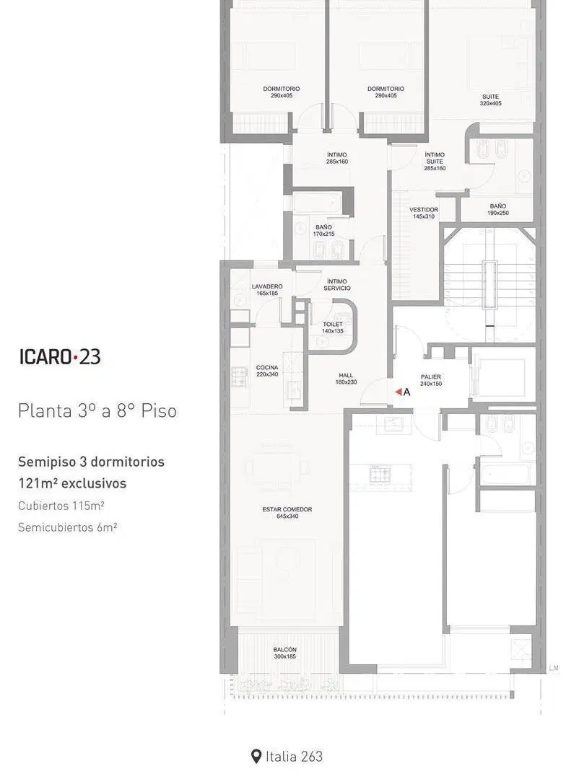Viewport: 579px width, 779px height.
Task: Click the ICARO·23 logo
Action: pyautogui.click(x=60, y=357)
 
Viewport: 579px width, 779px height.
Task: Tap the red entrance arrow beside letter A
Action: pyautogui.click(x=399, y=392)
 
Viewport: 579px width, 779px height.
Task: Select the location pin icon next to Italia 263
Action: pyautogui.click(x=256, y=757)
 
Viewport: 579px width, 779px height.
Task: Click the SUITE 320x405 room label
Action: pyautogui.click(x=490, y=100)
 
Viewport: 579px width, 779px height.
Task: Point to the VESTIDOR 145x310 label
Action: pyautogui.click(x=424, y=213)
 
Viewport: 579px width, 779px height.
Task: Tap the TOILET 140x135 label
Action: pyautogui.click(x=333, y=327)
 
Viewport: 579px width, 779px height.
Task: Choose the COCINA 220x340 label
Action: pyautogui.click(x=267, y=371)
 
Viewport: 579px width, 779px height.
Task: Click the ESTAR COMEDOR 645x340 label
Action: pyautogui.click(x=287, y=513)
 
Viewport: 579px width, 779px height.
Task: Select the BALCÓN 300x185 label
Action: pyautogui.click(x=284, y=653)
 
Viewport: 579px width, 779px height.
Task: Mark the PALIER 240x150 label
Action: pyautogui.click(x=431, y=380)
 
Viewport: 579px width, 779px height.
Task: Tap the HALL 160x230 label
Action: pyautogui.click(x=346, y=379)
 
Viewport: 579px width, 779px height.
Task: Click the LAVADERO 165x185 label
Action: pyautogui.click(x=267, y=290)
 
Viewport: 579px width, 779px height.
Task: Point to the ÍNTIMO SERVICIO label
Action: pyautogui.click(x=337, y=285)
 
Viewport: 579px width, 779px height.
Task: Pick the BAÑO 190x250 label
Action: pyautogui.click(x=498, y=209)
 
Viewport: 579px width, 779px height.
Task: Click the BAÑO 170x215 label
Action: pyautogui.click(x=324, y=230)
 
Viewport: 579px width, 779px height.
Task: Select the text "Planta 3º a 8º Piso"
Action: pyautogui.click(x=97, y=411)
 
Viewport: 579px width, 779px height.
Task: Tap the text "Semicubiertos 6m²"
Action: pyautogui.click(x=68, y=527)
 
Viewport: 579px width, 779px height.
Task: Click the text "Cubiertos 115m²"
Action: pyautogui.click(x=61, y=505)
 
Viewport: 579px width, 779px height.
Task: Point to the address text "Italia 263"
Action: pyautogui.click(x=294, y=757)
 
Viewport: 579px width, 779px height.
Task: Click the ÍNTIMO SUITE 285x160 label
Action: pyautogui.click(x=435, y=162)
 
